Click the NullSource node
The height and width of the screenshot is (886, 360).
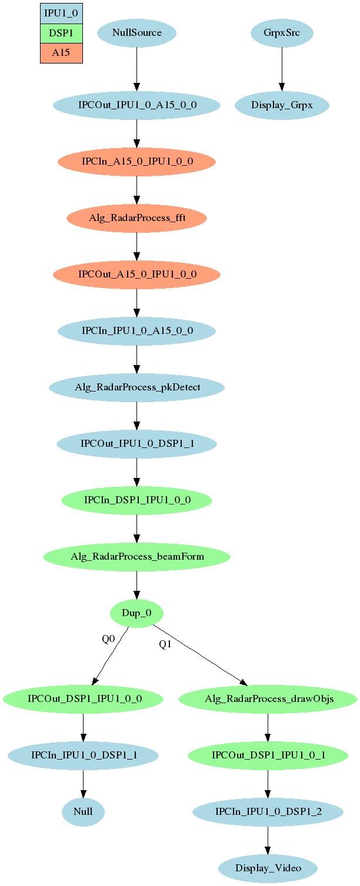(137, 33)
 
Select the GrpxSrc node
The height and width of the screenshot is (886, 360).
(282, 33)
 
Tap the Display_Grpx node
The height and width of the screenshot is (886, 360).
(282, 105)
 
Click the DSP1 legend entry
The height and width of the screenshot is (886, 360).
(61, 34)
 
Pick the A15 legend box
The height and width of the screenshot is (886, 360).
(61, 53)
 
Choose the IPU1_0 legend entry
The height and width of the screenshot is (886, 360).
(61, 14)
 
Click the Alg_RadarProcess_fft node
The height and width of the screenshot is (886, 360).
(137, 218)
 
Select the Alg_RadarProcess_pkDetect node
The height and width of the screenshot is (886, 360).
(137, 387)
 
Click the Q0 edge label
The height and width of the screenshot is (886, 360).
(108, 639)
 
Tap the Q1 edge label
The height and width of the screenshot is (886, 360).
(165, 644)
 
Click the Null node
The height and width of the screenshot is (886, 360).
(83, 812)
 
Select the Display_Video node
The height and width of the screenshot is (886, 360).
(268, 868)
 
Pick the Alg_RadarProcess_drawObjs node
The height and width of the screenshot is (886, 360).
(268, 699)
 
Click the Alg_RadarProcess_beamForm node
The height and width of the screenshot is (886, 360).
(137, 557)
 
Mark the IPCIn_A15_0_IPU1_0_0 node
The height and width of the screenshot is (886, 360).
(137, 161)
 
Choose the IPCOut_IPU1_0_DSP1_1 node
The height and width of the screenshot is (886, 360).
(137, 444)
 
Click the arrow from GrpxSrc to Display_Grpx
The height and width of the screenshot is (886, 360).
(282, 69)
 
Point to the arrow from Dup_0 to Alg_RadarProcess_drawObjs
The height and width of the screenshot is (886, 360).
(201, 655)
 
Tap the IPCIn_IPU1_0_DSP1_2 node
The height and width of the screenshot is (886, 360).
(268, 812)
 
